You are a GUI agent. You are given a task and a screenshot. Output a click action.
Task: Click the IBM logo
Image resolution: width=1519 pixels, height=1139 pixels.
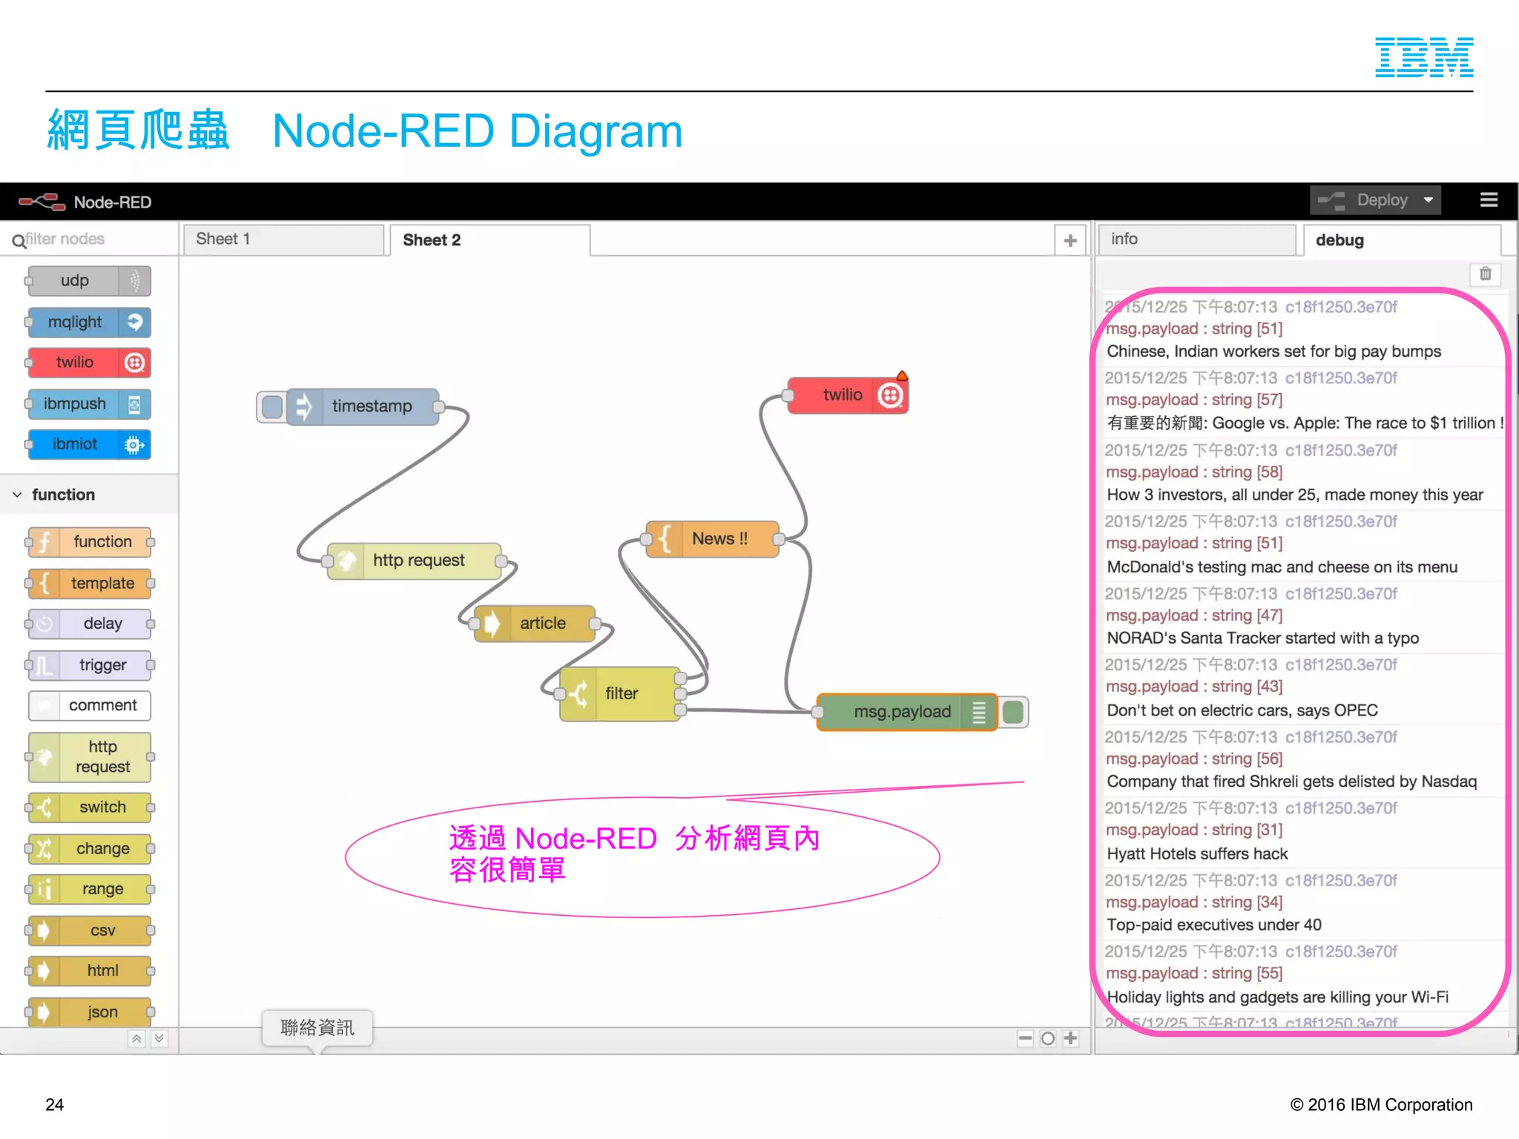(x=1423, y=57)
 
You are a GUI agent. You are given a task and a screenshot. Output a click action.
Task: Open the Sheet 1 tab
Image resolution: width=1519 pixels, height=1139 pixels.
(x=283, y=240)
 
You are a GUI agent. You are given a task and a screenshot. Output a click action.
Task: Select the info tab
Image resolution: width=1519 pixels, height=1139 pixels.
(x=1196, y=240)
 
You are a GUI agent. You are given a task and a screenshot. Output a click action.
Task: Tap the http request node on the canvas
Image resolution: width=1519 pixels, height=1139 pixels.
(x=418, y=561)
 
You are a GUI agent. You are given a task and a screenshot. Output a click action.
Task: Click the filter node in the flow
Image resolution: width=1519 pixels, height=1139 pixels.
(x=621, y=694)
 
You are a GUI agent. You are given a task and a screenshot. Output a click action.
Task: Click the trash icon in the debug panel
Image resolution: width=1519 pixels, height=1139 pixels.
(x=1486, y=274)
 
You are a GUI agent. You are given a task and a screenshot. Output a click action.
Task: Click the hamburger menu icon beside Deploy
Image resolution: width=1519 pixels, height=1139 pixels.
(x=1488, y=200)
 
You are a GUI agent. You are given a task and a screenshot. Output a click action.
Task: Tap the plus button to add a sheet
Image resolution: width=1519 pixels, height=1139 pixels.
(x=1070, y=240)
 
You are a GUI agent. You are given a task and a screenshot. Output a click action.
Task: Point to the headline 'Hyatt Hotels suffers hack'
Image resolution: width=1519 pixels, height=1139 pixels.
(x=1197, y=854)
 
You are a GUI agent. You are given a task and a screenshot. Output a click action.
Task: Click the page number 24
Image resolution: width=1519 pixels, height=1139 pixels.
(x=55, y=1104)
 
